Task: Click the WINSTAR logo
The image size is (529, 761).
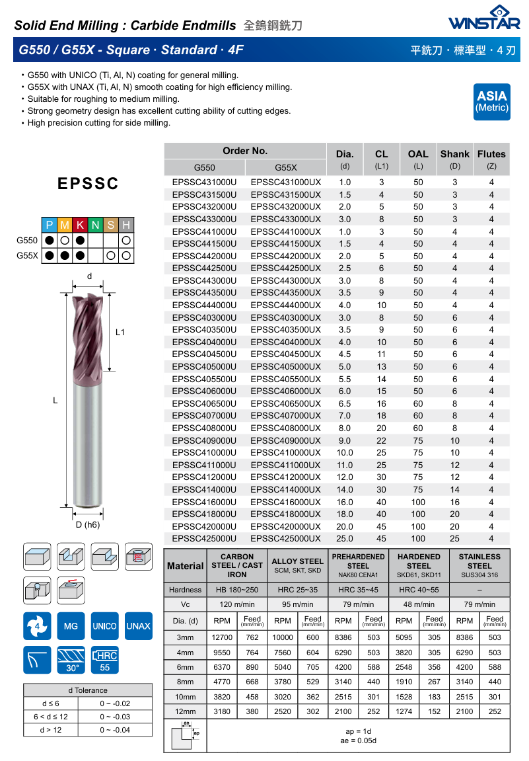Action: pos(483,19)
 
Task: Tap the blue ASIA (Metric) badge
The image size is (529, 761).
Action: pos(492,101)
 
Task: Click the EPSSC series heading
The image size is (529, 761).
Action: pos(87,184)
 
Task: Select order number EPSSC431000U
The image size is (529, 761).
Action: pos(204,182)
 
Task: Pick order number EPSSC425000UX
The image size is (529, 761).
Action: pos(286,538)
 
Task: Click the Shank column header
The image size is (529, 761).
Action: pos(454,154)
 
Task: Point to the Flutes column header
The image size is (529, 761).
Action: pos(491,154)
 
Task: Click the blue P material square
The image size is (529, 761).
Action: pos(50,225)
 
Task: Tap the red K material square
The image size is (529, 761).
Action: pos(80,225)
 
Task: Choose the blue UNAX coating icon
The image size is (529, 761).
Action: pos(139,625)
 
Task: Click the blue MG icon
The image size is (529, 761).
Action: pos(71,625)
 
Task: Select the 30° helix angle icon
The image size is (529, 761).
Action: pos(71,659)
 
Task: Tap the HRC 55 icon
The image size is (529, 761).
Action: pos(104,659)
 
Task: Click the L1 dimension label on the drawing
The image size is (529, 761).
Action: pos(120,333)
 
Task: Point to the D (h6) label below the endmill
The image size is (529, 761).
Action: pos(87,524)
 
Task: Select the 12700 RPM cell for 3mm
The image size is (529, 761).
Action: pos(222,637)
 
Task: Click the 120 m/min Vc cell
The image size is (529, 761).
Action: pos(237,604)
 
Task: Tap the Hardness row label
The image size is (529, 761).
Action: pos(186,590)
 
